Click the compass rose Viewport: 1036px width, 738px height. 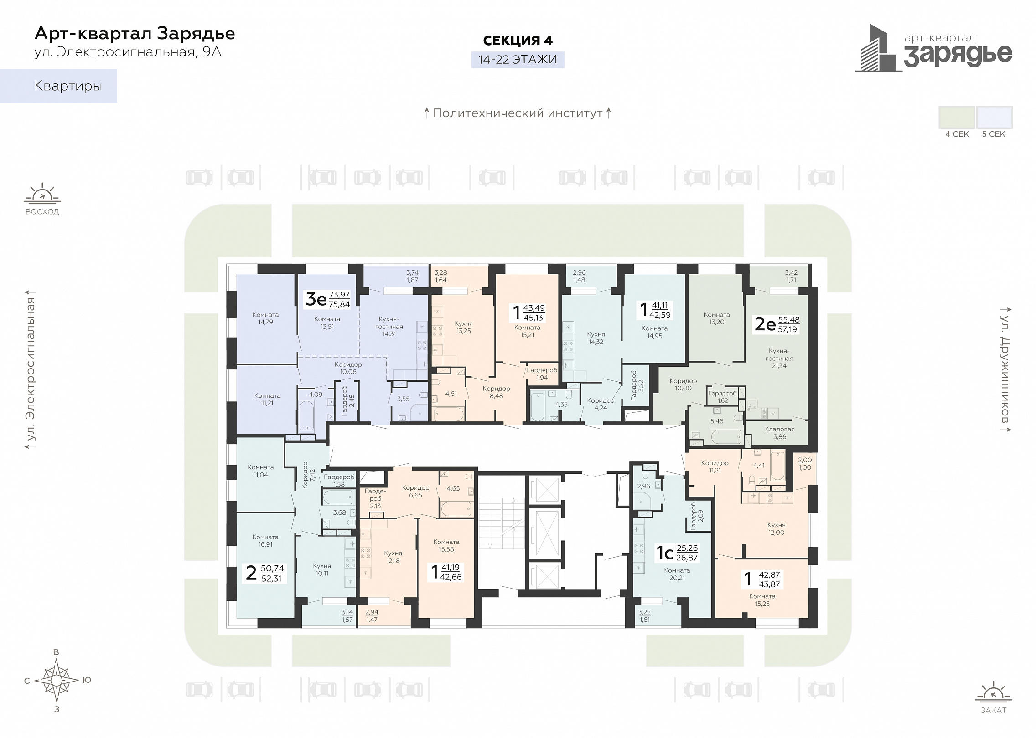click(x=57, y=680)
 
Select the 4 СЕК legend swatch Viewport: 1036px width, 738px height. click(x=957, y=117)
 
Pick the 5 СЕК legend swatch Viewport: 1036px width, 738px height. click(x=995, y=117)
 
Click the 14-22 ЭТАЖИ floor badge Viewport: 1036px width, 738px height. click(x=518, y=60)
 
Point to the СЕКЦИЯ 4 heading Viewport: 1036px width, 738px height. click(x=518, y=41)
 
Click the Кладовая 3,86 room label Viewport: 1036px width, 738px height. click(x=780, y=433)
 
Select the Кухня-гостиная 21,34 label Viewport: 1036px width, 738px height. click(x=779, y=358)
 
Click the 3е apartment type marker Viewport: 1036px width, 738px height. click(x=316, y=299)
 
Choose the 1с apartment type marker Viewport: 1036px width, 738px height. click(x=665, y=553)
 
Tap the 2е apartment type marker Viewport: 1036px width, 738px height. click(x=765, y=324)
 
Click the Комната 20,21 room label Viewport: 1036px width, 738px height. click(x=677, y=574)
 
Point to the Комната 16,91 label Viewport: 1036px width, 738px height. click(x=265, y=541)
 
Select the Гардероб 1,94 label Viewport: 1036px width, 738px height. click(x=542, y=374)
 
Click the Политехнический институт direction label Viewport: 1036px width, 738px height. click(x=518, y=113)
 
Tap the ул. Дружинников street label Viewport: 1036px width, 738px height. click(x=1005, y=369)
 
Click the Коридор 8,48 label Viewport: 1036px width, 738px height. click(x=496, y=392)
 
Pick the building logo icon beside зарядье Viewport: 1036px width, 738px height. click(x=878, y=48)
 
